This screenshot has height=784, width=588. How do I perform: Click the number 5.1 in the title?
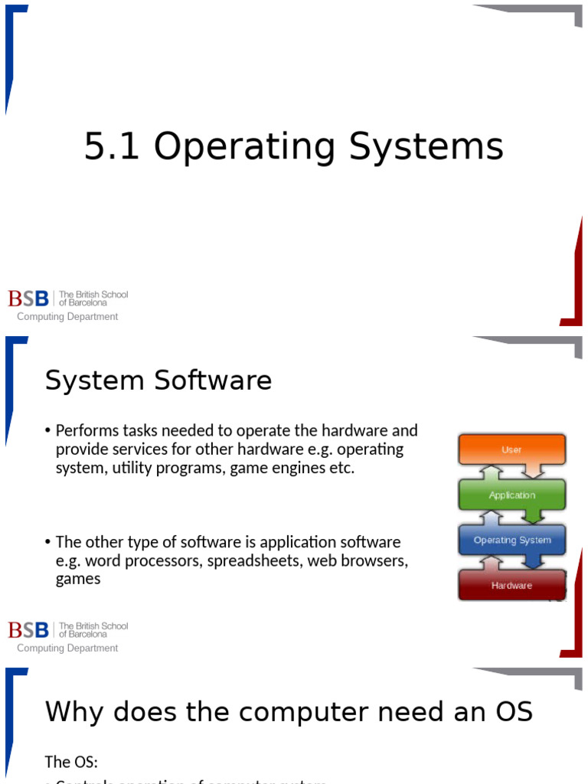pyautogui.click(x=111, y=147)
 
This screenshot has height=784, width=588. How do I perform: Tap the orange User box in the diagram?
pyautogui.click(x=511, y=450)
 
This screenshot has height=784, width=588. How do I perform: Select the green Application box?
pyautogui.click(x=511, y=495)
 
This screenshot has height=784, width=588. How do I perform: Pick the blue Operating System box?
pyautogui.click(x=511, y=541)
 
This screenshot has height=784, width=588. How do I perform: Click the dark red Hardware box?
pyautogui.click(x=511, y=586)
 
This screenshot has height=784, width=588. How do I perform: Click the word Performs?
pyautogui.click(x=87, y=431)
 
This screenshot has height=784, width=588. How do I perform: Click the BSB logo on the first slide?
pyautogui.click(x=28, y=298)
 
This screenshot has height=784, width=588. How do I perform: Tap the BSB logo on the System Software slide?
pyautogui.click(x=28, y=629)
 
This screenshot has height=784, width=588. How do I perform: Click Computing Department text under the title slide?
pyautogui.click(x=67, y=317)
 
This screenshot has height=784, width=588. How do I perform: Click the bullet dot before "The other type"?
pyautogui.click(x=48, y=543)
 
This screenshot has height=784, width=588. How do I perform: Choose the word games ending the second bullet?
pyautogui.click(x=78, y=580)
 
